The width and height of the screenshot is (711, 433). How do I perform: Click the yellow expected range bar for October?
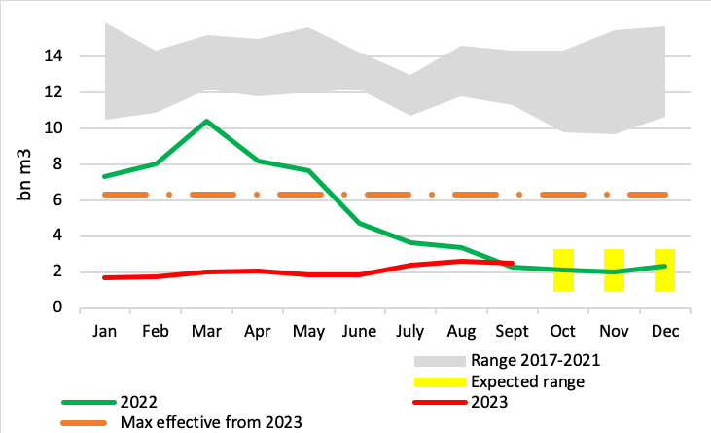pos(563,271)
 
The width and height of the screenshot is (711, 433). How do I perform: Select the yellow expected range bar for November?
pos(614,271)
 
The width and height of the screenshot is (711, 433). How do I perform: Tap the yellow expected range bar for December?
pos(664,271)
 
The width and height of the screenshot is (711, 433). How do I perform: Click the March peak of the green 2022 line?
pos(206,121)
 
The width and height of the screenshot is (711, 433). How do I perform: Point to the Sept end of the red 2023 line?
pos(512,263)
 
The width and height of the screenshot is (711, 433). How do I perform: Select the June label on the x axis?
pos(360,332)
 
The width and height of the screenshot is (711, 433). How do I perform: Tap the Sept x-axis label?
pos(513,332)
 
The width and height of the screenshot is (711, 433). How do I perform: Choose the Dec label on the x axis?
pos(665,332)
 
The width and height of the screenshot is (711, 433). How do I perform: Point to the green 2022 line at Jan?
pos(104,176)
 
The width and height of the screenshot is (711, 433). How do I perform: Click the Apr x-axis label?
pos(257,332)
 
